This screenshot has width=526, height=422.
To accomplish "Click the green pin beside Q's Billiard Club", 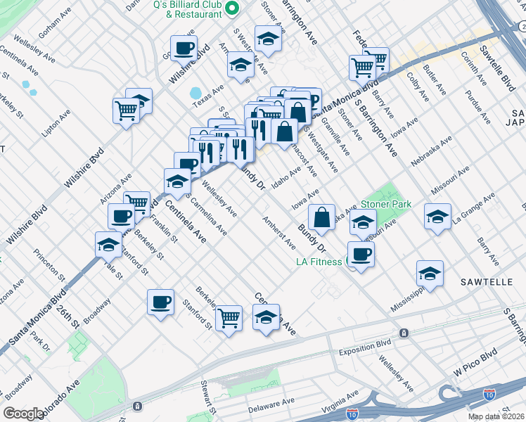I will (x=236, y=8).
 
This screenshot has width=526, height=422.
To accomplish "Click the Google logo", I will (x=24, y=414).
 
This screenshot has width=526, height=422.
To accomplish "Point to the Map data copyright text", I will (x=495, y=416).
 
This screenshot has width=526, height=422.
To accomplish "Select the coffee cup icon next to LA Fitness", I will (x=361, y=254).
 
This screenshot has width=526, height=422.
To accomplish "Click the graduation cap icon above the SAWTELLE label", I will (x=430, y=274).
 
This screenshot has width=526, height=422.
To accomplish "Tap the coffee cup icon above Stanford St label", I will (x=160, y=302).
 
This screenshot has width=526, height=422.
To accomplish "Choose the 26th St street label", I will (x=71, y=313).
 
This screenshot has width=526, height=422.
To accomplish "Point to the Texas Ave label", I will (x=209, y=100).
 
